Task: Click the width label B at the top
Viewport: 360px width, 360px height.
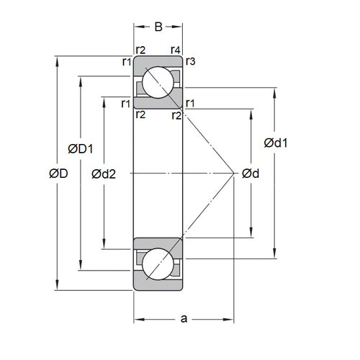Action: coord(158,27)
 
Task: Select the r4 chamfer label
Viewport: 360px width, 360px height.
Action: coord(175,50)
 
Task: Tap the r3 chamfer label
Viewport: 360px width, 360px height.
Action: coord(191,61)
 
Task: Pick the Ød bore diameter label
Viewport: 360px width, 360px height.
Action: coord(251,174)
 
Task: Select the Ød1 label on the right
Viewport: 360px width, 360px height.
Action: coord(277,143)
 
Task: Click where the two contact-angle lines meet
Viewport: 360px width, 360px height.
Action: coord(235,174)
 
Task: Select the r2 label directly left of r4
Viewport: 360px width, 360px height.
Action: coord(140,50)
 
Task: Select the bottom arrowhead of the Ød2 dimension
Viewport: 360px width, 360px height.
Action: coord(106,247)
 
